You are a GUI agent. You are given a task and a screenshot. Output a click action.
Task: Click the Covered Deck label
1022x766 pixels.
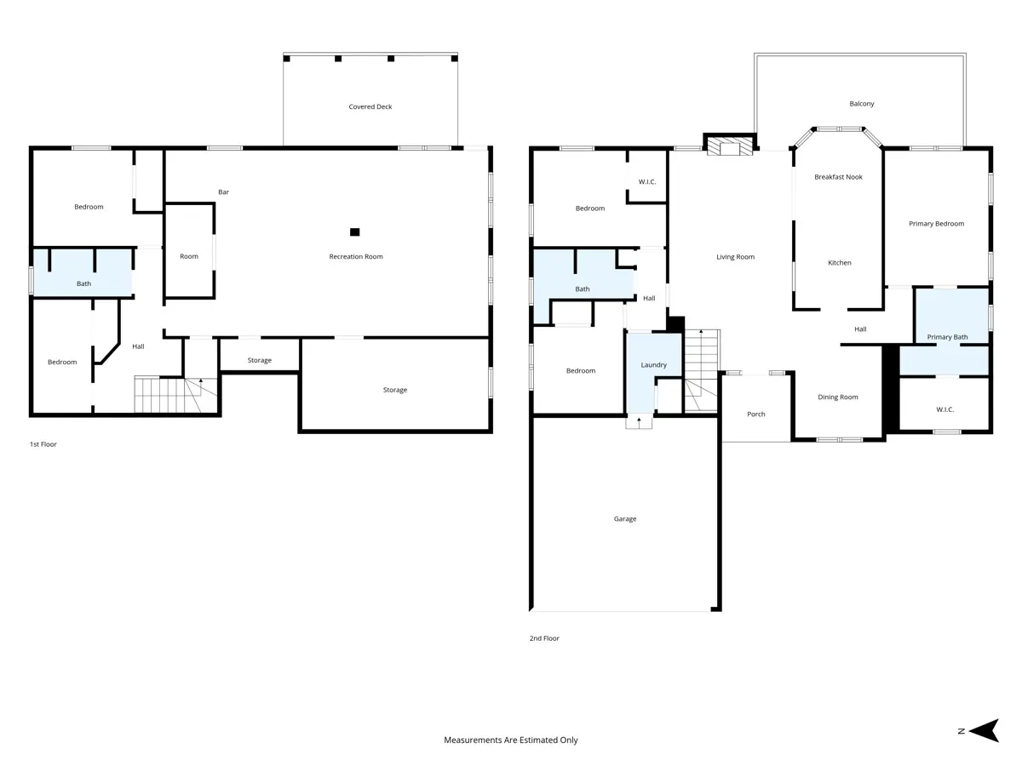(370, 106)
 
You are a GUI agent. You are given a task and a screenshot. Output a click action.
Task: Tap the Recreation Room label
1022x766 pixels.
(356, 256)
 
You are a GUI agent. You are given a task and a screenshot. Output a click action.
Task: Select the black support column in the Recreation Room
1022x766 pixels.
(355, 232)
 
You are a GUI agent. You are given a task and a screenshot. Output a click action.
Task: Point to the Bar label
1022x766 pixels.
(223, 191)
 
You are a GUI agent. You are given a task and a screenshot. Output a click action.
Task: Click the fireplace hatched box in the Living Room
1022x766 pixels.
(730, 146)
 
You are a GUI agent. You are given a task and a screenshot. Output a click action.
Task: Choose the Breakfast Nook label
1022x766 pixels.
(838, 177)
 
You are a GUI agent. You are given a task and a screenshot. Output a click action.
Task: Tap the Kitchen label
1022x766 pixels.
(840, 263)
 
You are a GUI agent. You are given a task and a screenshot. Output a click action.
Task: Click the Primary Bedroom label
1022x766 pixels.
(936, 224)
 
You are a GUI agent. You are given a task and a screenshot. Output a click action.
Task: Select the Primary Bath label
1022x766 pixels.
(947, 337)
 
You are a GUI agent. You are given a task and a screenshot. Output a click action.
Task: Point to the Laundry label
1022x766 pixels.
(653, 365)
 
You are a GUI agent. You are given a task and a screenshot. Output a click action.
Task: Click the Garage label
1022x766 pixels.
(625, 518)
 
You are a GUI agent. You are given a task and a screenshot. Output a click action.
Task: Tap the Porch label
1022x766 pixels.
(755, 414)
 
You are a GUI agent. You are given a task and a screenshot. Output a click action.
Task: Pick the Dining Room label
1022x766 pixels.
(838, 397)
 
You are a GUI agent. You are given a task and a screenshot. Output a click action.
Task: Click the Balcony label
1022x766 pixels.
(861, 104)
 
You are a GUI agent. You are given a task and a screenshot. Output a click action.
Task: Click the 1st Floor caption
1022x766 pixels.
(43, 444)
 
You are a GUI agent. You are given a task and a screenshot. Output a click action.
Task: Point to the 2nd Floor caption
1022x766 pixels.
(544, 638)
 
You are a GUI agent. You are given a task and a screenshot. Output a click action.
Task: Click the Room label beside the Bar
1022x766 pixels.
(188, 256)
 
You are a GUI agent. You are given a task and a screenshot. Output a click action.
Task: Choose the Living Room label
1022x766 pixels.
(735, 257)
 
